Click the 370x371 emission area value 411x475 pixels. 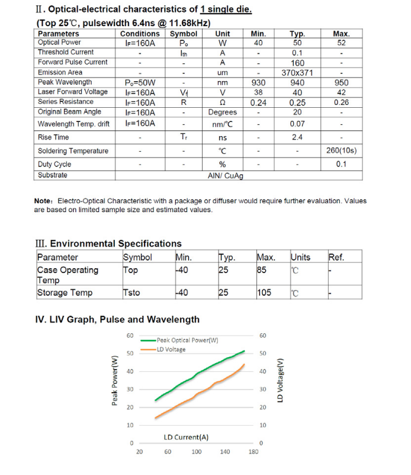click(297, 73)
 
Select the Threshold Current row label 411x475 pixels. click(66, 52)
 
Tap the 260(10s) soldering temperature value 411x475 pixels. click(341, 150)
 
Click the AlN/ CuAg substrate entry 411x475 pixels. click(226, 176)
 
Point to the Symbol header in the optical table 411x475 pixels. click(184, 34)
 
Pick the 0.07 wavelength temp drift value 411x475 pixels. click(297, 124)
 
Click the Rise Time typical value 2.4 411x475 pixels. click(297, 137)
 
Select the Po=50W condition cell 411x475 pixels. click(140, 82)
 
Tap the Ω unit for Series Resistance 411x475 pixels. click(223, 102)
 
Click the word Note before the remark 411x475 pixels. click(45, 201)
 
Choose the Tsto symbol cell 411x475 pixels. click(131, 293)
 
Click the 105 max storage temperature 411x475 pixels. click(264, 293)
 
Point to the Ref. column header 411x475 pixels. click(336, 257)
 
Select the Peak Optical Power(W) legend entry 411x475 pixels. click(188, 341)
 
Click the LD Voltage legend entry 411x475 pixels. click(171, 349)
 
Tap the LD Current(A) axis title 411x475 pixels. click(186, 437)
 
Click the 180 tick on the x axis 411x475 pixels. click(253, 452)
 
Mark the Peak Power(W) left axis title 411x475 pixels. click(115, 380)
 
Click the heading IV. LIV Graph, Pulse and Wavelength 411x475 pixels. click(117, 319)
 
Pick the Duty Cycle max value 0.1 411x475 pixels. click(341, 164)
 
